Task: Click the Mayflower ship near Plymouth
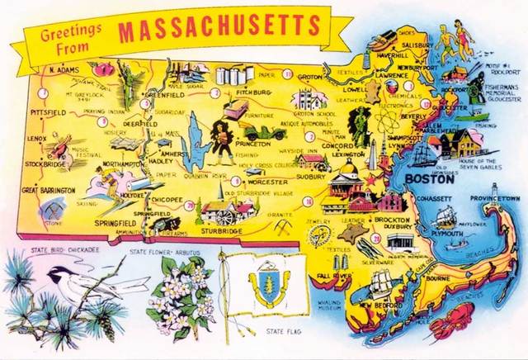(446, 217)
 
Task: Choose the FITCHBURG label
(245, 92)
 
